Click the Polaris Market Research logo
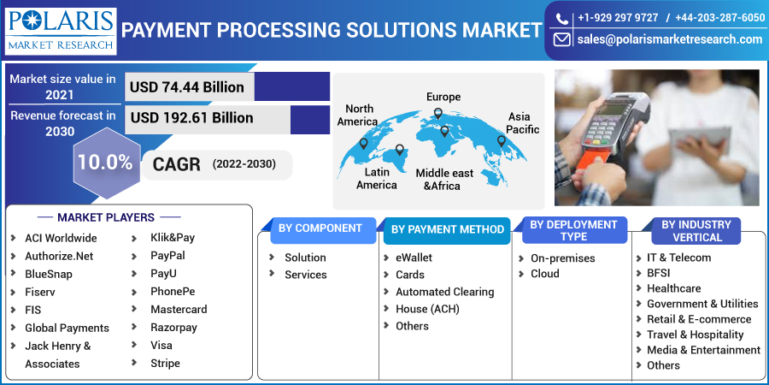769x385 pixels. click(x=60, y=31)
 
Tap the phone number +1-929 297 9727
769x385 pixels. click(x=617, y=18)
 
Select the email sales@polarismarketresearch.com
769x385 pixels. click(x=669, y=39)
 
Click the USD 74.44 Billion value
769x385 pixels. click(x=187, y=86)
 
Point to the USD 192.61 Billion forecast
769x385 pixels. click(x=191, y=117)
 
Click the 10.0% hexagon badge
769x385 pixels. click(x=105, y=162)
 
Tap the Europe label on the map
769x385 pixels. click(x=443, y=97)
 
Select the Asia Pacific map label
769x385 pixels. click(x=522, y=122)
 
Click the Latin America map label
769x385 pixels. click(x=376, y=178)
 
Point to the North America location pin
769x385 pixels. click(x=363, y=144)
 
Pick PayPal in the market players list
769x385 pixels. click(x=167, y=255)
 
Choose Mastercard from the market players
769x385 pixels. click(x=179, y=309)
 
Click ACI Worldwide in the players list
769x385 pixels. click(x=61, y=238)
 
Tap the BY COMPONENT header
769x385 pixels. click(x=320, y=228)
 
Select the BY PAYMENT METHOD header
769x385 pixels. click(x=447, y=229)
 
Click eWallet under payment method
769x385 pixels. click(x=414, y=257)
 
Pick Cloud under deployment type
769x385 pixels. click(x=545, y=273)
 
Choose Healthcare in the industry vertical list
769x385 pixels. click(x=673, y=288)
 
